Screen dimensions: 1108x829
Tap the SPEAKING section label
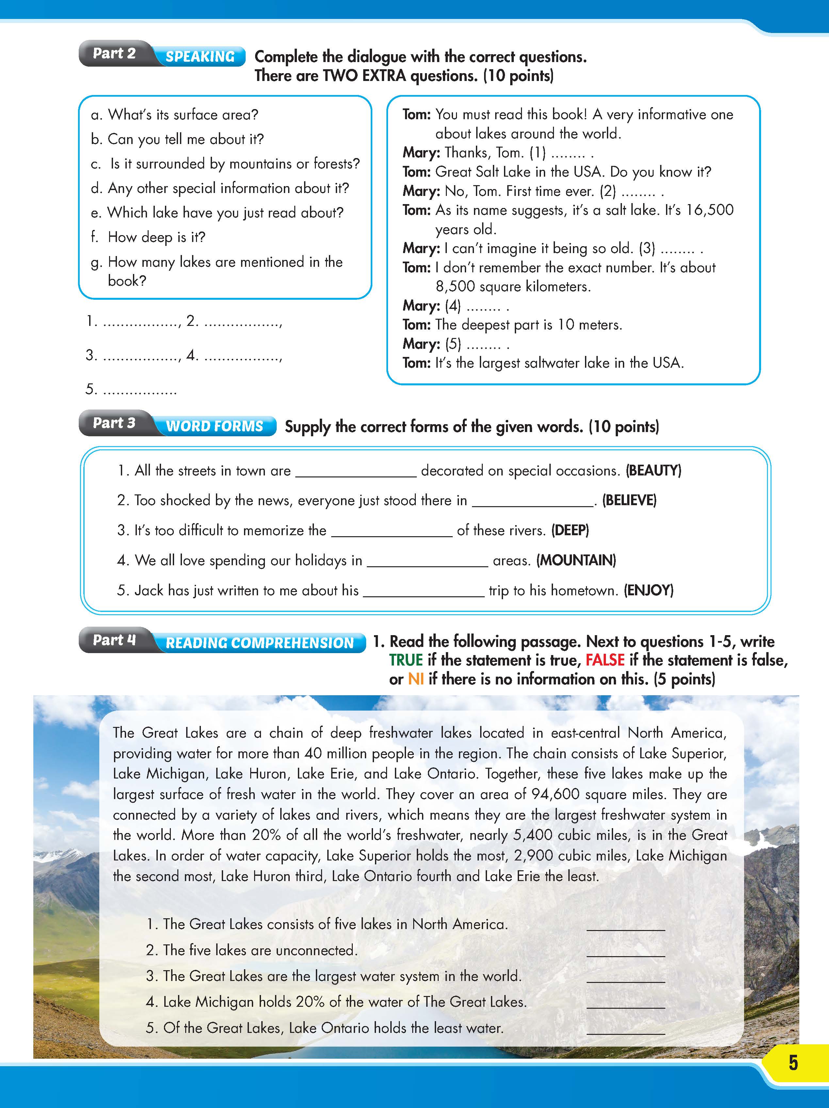[200, 56]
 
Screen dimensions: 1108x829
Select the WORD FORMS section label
[214, 426]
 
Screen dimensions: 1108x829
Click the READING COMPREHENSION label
[259, 643]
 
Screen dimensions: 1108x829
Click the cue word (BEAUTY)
[654, 470]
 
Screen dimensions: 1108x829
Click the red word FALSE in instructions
[605, 660]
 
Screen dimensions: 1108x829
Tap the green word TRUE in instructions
[406, 660]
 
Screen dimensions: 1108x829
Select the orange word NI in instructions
[416, 679]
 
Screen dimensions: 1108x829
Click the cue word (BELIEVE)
[629, 500]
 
